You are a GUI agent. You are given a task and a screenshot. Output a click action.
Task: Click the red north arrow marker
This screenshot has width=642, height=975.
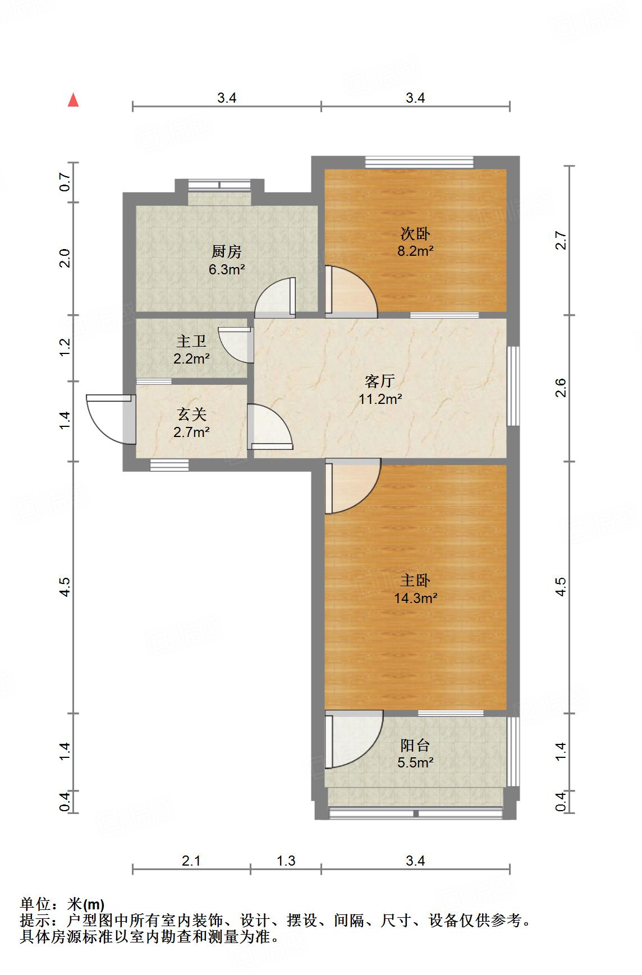73,100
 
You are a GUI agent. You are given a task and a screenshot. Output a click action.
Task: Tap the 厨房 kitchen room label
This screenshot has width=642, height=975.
227,251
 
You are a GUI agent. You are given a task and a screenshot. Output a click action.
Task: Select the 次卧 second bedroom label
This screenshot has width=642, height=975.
415,233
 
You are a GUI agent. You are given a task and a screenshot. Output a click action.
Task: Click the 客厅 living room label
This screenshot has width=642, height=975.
380,381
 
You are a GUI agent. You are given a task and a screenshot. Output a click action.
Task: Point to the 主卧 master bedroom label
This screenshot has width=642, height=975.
415,580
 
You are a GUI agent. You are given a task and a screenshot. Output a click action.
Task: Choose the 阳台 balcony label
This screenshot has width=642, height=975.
415,745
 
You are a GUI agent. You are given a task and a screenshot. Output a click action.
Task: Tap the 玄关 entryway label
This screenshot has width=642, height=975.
192,415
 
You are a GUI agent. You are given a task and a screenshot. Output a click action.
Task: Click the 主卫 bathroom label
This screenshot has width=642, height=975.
191,341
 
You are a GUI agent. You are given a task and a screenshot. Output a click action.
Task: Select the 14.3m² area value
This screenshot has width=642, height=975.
415,598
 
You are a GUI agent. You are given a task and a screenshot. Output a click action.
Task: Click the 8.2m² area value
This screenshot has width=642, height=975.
415,251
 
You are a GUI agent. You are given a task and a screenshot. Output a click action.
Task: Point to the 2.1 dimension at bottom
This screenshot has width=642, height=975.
191,861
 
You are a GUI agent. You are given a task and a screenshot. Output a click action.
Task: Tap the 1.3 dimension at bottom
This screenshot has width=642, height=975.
286,861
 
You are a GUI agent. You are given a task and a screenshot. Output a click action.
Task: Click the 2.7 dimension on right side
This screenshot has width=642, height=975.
561,241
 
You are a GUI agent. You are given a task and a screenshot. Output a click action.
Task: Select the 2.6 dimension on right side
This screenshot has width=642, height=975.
561,388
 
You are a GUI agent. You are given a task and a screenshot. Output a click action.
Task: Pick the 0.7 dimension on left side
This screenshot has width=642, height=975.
65,182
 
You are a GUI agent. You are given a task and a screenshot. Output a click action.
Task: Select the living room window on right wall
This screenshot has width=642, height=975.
513,386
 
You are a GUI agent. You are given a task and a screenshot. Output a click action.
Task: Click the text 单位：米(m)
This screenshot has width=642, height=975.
62,904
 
